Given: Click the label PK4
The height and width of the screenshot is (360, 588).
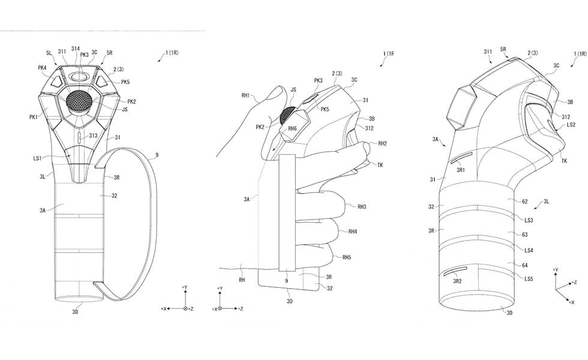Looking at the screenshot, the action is point(42,68).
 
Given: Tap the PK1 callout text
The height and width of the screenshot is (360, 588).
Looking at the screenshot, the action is point(34,118).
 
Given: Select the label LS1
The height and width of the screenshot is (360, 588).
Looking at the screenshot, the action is point(37,158).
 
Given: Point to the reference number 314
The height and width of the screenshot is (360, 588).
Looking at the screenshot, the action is point(76,49).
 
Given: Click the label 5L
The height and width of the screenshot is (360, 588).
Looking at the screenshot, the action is point(49,53).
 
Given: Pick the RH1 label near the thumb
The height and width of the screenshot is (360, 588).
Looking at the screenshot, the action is point(245,95).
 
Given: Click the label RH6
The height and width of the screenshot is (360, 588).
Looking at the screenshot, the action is point(293,128).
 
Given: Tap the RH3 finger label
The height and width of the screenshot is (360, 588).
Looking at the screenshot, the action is point(362,206).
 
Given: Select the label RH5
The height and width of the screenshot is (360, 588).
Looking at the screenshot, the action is point(347,257).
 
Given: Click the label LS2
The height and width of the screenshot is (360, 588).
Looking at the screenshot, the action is point(571,125).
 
